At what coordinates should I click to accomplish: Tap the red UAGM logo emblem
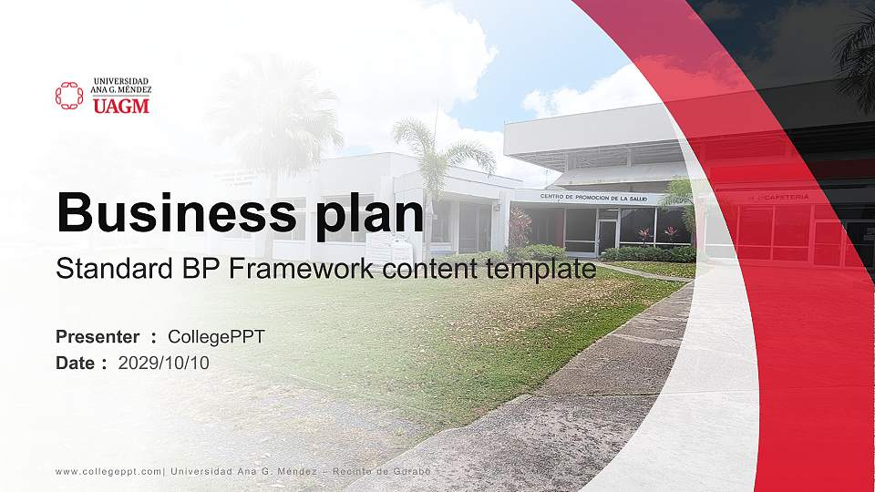pos(69,96)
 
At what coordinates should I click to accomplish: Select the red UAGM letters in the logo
pos(120,107)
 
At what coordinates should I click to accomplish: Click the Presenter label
pos(98,337)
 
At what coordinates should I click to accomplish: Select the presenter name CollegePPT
pos(216,337)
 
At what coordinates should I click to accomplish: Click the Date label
pos(76,363)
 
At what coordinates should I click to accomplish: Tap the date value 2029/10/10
pos(163,363)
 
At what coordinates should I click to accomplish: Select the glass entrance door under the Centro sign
pos(606,236)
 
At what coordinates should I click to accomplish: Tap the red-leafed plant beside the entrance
pos(520,228)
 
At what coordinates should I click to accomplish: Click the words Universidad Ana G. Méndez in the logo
pos(120,86)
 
